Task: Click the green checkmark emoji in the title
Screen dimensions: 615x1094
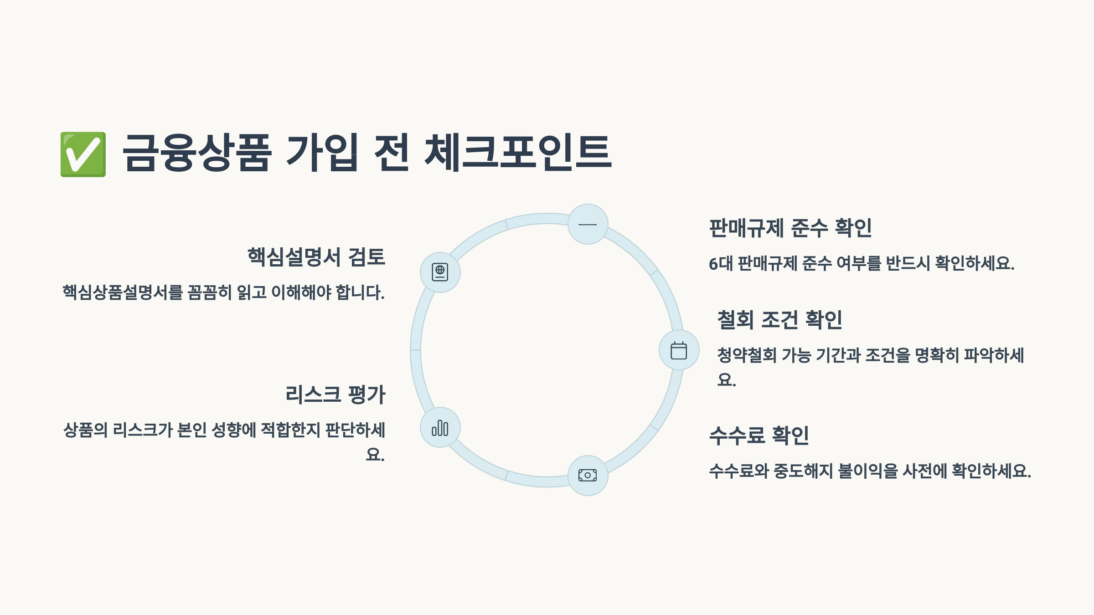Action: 83,154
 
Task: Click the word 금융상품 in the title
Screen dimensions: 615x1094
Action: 197,153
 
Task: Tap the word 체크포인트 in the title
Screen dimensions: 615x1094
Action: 518,153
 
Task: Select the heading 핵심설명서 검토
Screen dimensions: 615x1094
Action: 316,257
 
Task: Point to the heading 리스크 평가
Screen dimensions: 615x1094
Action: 335,395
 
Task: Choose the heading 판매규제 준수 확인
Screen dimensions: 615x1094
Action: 790,228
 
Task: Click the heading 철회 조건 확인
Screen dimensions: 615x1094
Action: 779,320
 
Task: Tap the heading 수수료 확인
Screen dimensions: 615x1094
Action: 759,436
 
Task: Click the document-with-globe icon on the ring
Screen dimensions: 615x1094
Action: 440,272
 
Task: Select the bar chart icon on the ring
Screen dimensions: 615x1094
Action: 440,428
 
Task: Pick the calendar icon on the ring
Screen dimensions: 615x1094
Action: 679,350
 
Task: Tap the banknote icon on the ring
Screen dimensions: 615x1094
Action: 588,475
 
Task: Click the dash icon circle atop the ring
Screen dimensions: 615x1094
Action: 588,224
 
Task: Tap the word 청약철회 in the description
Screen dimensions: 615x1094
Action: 747,355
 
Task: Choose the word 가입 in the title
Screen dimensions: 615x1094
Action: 321,153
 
